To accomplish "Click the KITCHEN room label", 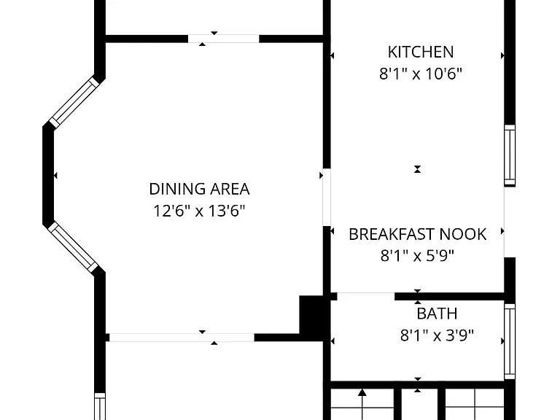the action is [421, 52].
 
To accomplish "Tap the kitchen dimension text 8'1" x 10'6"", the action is [421, 74].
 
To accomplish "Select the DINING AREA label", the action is [199, 189].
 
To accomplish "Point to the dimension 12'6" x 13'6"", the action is [199, 211].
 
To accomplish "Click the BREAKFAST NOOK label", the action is [418, 234].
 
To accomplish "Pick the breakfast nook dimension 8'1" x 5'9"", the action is [417, 256].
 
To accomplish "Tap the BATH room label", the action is [437, 314].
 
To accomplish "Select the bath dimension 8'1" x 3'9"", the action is [437, 335].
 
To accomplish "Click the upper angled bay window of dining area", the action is [74, 102].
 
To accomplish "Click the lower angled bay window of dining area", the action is [73, 246].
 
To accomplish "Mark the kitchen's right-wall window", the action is [510, 155].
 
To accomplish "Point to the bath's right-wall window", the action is [510, 341].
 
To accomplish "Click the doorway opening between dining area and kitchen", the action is [327, 197].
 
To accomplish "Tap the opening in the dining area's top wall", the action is [224, 39].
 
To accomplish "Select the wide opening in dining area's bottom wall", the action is [182, 337].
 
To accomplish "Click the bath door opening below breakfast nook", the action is [366, 296].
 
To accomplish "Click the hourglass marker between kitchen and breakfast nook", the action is [417, 169].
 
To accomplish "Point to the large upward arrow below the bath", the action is [362, 392].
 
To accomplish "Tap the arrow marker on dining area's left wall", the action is [55, 175].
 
